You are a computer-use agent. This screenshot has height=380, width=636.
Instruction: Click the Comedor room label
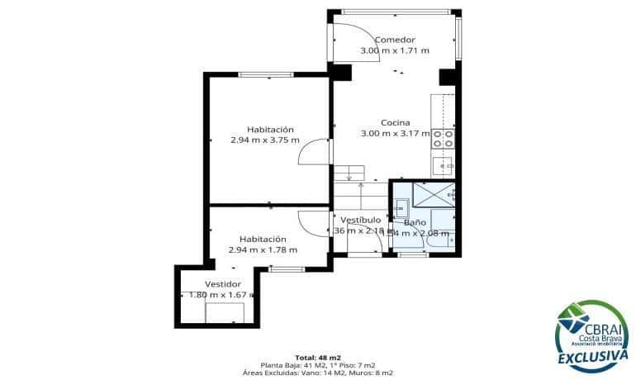tap(394, 40)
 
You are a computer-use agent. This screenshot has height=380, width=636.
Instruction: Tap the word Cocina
tap(396, 122)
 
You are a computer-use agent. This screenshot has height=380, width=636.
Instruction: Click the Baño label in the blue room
tap(415, 223)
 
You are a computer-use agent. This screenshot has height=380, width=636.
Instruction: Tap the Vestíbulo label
tap(361, 220)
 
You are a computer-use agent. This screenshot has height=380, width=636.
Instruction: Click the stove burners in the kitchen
tap(444, 138)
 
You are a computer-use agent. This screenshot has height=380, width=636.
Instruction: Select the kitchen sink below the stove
tap(446, 166)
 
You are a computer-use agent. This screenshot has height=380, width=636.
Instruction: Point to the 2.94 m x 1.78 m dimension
tap(263, 249)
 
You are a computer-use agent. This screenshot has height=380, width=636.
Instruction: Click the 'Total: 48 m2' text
tap(317, 357)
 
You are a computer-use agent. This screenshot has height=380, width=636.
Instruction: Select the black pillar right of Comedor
tap(447, 77)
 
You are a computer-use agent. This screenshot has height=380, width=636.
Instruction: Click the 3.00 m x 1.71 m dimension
tap(394, 50)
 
